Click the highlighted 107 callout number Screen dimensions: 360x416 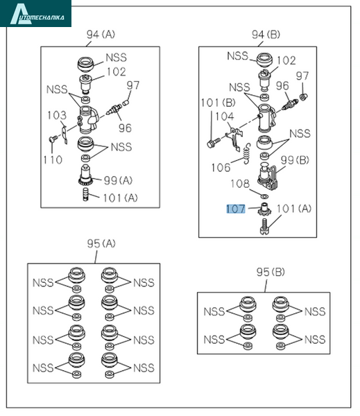tap(236, 209)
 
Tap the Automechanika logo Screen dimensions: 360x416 tap(35, 14)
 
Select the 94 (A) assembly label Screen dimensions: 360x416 tap(101, 35)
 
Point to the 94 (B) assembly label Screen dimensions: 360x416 tap(266, 35)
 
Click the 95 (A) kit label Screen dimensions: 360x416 tap(101, 243)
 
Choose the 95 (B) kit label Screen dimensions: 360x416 tap(271, 272)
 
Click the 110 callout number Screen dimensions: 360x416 tap(53, 159)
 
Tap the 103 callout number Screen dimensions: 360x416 tap(57, 115)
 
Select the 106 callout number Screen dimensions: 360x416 tap(221, 168)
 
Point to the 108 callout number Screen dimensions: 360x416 tap(240, 184)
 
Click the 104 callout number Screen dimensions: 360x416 tap(225, 116)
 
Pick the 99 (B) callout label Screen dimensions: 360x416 tap(295, 160)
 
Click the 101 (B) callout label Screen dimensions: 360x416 tap(218, 103)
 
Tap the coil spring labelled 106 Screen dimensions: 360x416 tap(247, 154)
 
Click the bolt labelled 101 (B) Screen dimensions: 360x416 tap(213, 142)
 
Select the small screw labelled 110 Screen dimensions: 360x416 tap(53, 139)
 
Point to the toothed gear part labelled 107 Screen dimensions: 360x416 tap(264, 209)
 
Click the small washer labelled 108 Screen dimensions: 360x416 tap(264, 196)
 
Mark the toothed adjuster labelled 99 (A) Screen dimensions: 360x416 tap(85, 175)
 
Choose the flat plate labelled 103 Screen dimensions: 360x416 tap(65, 135)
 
